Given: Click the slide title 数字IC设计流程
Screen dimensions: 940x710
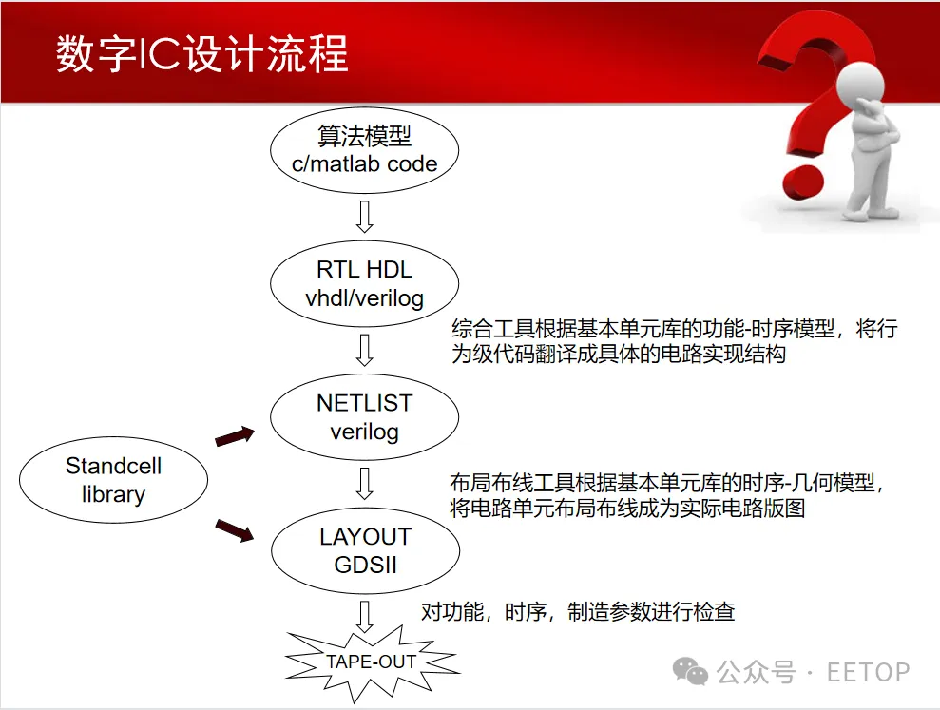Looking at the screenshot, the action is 201,55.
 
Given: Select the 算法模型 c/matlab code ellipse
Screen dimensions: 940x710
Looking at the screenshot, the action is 365,150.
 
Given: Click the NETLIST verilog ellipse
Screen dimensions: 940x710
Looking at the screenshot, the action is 365,417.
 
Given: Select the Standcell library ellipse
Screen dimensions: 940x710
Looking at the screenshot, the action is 113,480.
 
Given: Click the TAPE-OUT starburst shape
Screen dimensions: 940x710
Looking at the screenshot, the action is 372,662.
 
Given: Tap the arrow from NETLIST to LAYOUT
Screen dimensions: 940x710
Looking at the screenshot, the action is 364,484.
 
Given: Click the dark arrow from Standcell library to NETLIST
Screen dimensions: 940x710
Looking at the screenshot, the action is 235,436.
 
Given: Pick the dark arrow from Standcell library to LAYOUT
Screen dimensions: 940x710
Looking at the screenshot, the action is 235,529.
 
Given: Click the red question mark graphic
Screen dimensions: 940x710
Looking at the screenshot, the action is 808,105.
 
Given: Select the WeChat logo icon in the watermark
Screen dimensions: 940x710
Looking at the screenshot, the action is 691,672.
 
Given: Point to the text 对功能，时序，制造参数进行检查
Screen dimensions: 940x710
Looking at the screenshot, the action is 578,611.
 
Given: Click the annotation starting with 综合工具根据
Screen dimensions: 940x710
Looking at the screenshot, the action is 673,341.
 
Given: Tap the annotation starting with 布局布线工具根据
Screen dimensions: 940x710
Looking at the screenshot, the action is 673,495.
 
